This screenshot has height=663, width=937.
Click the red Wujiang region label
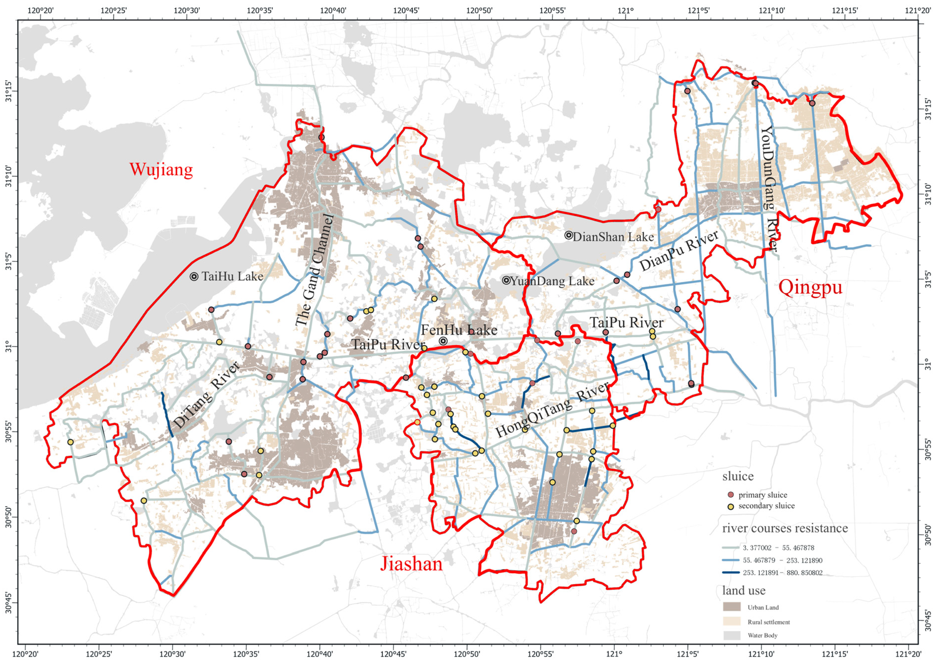tap(161, 169)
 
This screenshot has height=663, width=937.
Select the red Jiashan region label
tap(411, 564)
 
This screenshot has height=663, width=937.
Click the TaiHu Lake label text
tap(232, 277)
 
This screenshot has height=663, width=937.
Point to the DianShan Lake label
tap(613, 237)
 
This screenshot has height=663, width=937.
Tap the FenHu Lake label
tap(459, 330)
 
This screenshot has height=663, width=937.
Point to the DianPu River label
tap(679, 251)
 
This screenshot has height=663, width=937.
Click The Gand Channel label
tap(314, 270)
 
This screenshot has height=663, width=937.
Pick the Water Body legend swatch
tap(732, 635)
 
